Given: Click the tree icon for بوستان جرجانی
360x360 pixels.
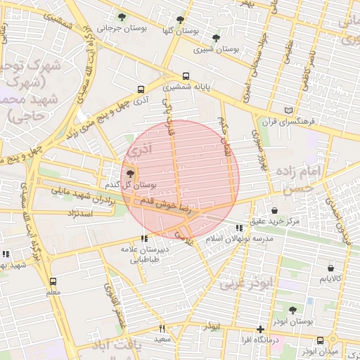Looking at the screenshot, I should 122,17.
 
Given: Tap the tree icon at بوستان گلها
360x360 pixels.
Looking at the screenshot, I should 181,20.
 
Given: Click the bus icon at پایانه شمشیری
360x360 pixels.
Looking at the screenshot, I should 186,76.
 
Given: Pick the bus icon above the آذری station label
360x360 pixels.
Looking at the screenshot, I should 141,90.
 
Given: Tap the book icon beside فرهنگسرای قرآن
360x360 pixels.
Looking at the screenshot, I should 288,110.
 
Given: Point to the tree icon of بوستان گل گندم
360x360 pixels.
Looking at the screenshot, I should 130,173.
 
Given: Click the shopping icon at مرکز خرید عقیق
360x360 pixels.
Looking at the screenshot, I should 274,210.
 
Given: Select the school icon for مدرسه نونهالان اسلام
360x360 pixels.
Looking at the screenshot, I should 240,228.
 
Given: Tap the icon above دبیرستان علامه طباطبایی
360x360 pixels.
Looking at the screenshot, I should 144,238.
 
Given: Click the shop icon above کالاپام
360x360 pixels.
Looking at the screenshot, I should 330,268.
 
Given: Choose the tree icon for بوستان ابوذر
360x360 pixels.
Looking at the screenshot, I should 292,309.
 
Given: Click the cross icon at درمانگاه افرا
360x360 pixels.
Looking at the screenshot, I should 260,329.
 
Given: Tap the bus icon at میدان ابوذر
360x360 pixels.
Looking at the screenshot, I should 321,340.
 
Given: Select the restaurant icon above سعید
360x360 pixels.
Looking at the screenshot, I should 162,328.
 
